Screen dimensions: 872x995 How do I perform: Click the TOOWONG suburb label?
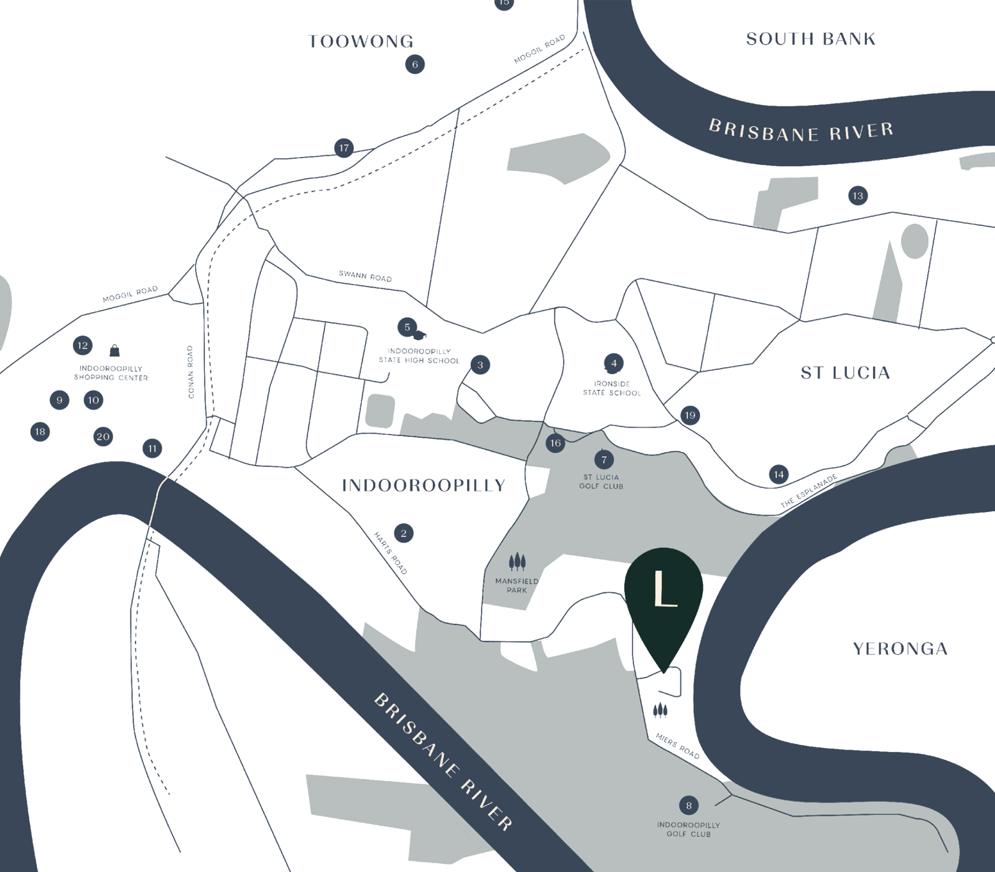click(361, 42)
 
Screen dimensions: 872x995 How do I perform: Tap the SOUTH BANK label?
click(811, 39)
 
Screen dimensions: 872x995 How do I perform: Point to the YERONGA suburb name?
click(900, 649)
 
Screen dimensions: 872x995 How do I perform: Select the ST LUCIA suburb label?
click(845, 373)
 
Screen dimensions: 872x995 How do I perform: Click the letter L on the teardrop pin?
click(664, 590)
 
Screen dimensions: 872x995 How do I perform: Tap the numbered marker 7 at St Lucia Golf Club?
click(604, 460)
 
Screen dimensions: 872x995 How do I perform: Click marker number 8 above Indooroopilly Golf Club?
click(688, 805)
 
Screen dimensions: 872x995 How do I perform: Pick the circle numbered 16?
click(555, 443)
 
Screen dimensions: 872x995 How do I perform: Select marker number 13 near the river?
click(858, 196)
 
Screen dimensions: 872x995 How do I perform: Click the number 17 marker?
click(344, 148)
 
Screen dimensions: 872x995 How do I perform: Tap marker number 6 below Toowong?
click(415, 64)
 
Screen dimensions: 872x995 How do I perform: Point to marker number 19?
click(690, 415)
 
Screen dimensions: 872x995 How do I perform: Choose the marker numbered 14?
click(779, 475)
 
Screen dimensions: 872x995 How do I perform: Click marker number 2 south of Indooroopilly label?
click(404, 533)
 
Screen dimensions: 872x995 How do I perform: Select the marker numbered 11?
click(152, 448)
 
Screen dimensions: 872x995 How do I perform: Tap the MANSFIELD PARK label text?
click(517, 585)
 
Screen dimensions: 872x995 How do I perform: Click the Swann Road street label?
click(365, 276)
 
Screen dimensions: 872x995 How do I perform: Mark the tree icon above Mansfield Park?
click(517, 562)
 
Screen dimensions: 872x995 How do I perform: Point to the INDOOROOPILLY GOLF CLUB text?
click(688, 829)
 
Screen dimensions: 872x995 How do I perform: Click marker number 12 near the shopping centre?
click(83, 346)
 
